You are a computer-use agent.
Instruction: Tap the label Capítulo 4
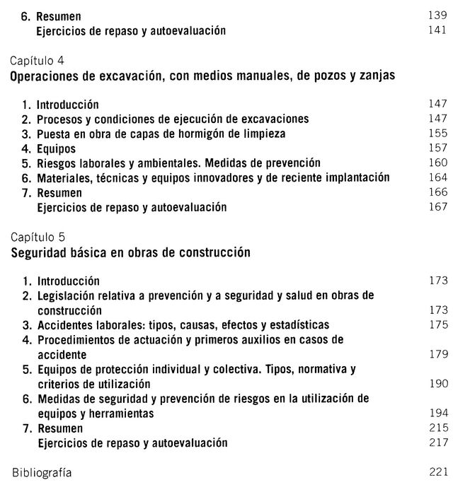[37, 61]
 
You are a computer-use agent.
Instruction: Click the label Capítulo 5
[37, 237]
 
